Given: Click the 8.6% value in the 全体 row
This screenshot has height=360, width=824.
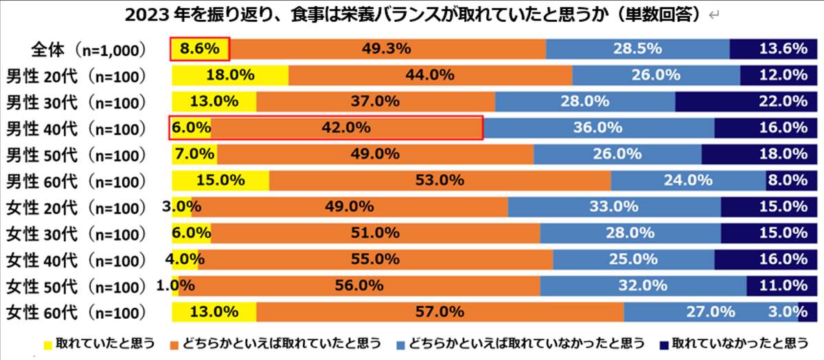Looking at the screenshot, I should [x=199, y=49].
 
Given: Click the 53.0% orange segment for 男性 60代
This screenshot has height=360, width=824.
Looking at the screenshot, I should [x=439, y=181].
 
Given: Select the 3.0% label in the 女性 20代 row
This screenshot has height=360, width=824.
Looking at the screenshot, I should [x=181, y=206].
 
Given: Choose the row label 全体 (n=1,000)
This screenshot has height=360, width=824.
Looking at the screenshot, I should [x=80, y=49].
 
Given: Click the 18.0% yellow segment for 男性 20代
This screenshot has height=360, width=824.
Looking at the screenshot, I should [x=230, y=75].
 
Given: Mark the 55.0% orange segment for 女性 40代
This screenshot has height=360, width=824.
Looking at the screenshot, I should [x=375, y=259].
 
